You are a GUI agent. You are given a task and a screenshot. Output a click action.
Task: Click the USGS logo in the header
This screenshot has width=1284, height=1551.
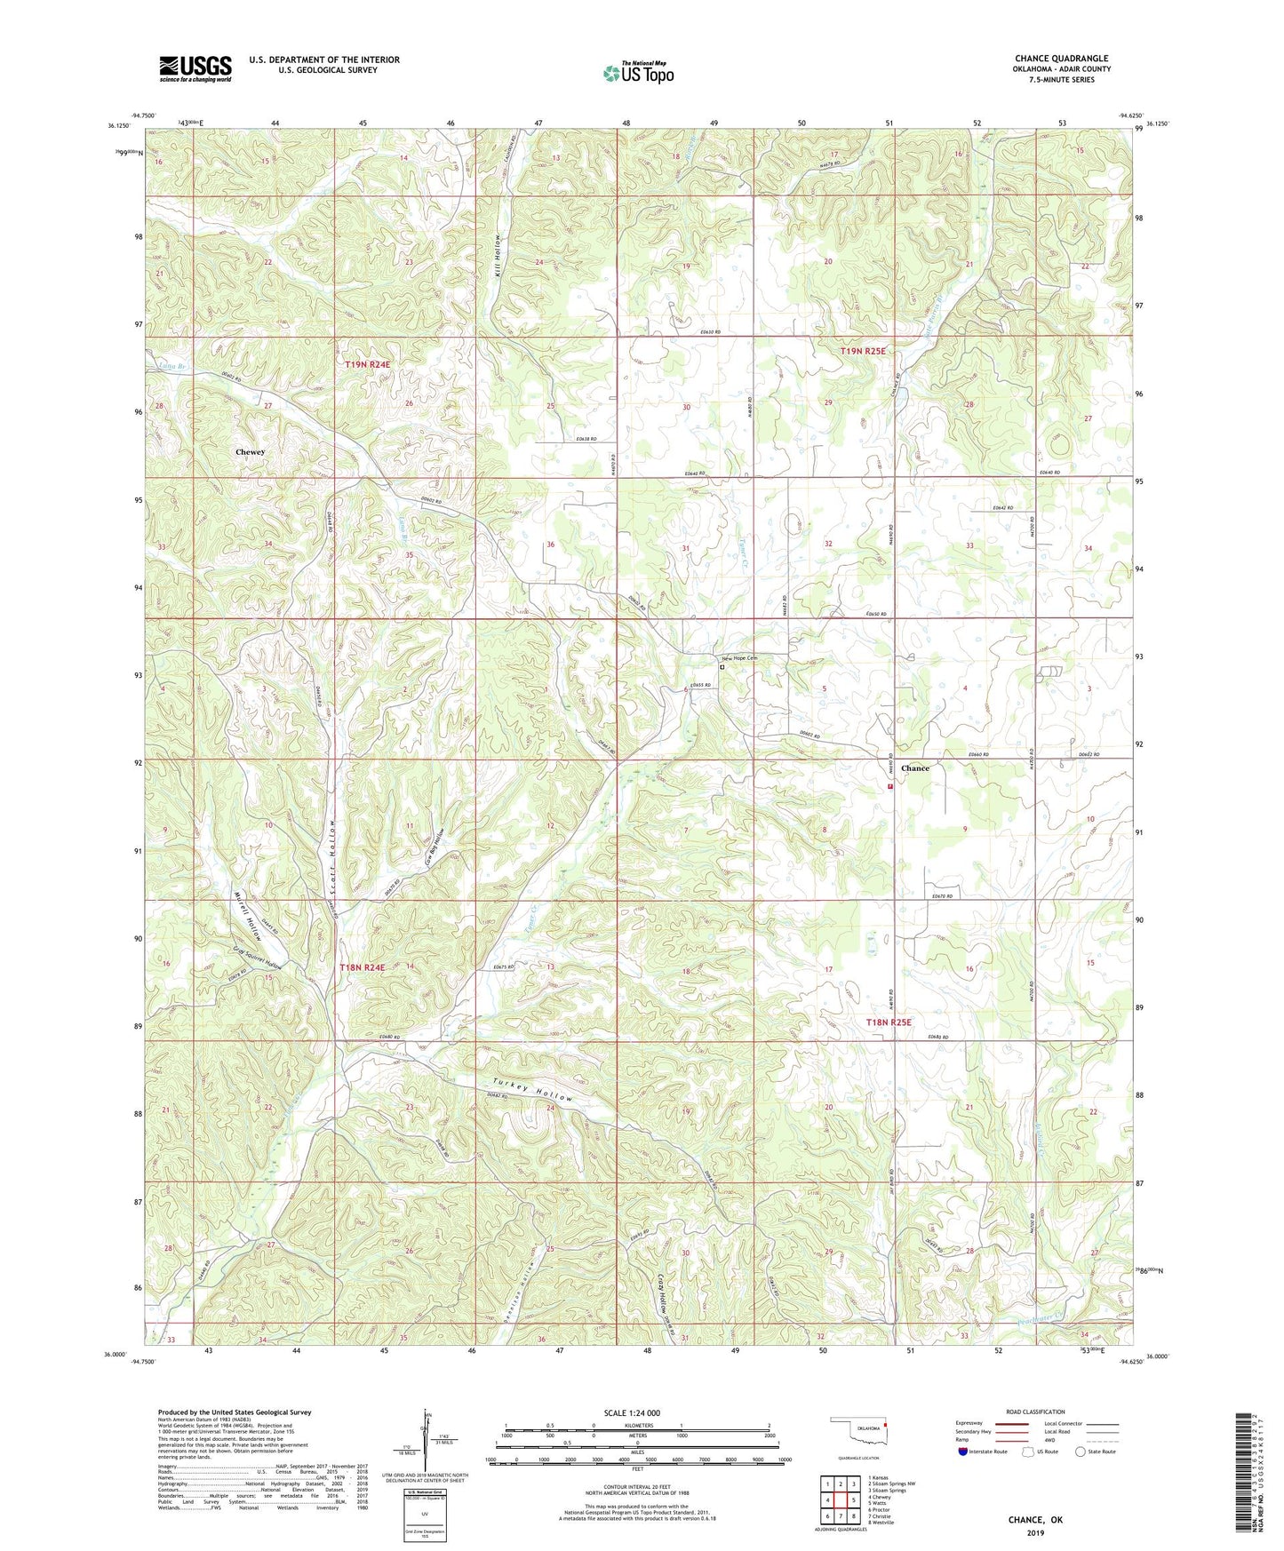pos(195,68)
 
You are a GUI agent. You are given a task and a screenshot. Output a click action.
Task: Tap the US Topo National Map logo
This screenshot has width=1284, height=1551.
pos(637,73)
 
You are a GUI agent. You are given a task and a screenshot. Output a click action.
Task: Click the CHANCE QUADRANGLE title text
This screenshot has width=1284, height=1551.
pos(1061,59)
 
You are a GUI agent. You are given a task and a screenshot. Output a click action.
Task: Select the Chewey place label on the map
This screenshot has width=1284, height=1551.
pos(251,452)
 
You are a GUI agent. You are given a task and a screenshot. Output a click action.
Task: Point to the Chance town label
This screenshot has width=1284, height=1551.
pos(914,768)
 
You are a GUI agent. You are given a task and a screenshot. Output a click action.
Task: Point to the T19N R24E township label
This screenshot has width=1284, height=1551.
pos(368,364)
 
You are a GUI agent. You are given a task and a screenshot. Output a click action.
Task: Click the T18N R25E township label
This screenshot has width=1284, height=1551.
pos(889,1022)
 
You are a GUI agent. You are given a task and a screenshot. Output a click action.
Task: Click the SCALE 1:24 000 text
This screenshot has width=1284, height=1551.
pos(632,1412)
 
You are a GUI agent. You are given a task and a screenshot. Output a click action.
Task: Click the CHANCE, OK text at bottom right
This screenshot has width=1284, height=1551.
pos(1035,1520)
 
